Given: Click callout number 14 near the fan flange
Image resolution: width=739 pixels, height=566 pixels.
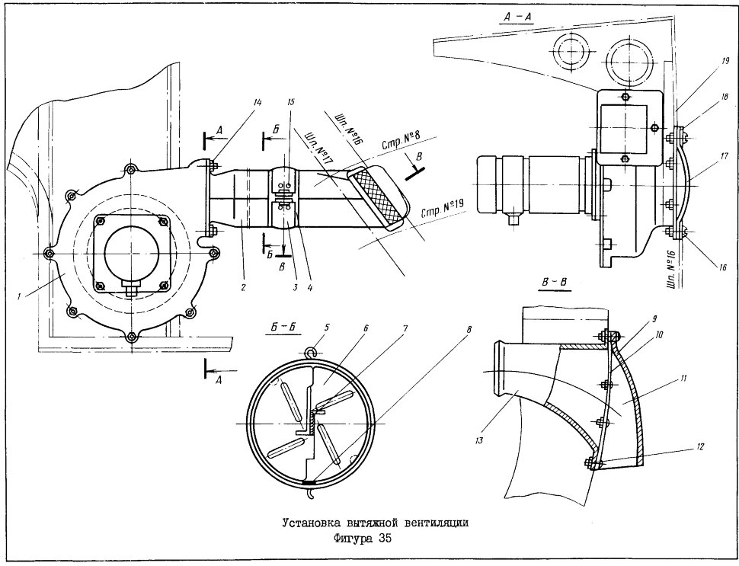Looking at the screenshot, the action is click(259, 102).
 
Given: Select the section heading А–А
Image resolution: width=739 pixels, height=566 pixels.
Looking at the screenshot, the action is click(517, 18).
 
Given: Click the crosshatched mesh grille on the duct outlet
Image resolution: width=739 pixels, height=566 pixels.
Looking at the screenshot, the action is click(376, 197).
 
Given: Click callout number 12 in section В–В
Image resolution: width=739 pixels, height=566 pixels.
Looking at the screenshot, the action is click(699, 447).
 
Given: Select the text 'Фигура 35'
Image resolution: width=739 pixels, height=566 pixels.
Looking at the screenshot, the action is click(361, 538).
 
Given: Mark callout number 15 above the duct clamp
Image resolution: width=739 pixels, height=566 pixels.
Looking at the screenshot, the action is click(290, 102).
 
